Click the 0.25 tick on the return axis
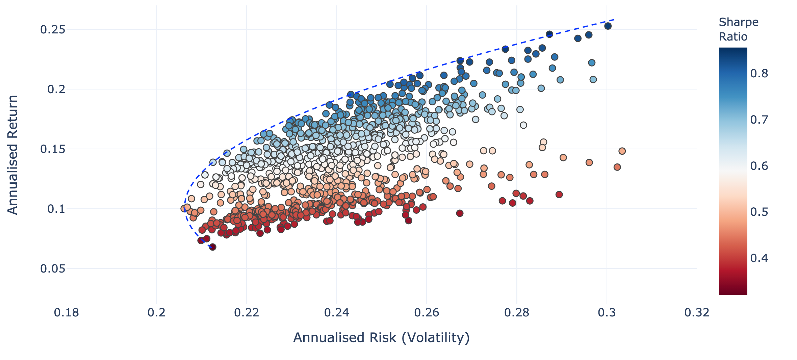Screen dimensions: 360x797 coord(52,30)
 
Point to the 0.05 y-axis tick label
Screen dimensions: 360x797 coord(52,269)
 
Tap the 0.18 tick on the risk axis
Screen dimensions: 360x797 coord(66,313)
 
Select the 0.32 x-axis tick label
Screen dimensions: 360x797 coord(697,313)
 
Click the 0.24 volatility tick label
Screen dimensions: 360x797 coord(336,313)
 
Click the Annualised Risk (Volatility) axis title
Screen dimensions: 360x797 coord(381,338)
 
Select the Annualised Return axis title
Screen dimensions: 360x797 coord(13,155)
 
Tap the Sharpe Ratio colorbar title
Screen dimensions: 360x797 coord(738,29)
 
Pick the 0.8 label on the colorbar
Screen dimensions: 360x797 coord(759,73)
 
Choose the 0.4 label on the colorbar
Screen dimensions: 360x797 coord(759,258)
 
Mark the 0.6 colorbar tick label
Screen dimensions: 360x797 coord(759,166)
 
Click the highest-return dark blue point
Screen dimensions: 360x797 coord(608,26)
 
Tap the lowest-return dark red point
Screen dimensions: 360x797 coord(212,247)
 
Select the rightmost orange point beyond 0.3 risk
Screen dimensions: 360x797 coord(622,151)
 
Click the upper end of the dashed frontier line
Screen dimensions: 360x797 coord(614,20)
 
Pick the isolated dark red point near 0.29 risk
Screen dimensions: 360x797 coord(559,195)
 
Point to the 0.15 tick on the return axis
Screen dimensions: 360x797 coord(52,149)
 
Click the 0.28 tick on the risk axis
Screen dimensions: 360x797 coord(517,313)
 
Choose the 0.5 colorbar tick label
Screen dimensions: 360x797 coord(759,212)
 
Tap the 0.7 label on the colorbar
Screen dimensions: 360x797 coord(759,120)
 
